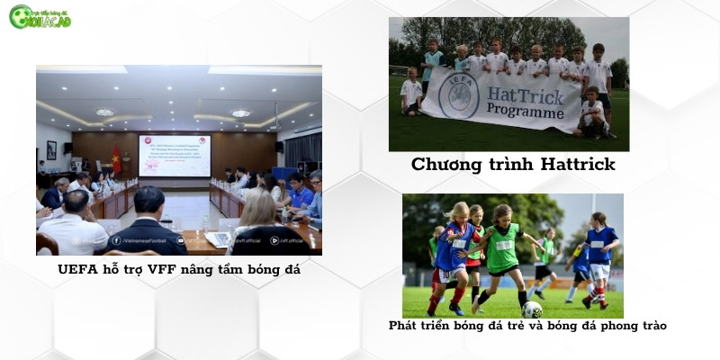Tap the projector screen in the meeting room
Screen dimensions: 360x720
click(x=175, y=155)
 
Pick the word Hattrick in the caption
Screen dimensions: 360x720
click(x=575, y=165)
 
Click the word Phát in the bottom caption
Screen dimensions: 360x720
click(x=402, y=325)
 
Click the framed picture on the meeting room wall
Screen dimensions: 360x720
click(x=51, y=149)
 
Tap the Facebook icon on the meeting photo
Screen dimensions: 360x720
click(x=116, y=240)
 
